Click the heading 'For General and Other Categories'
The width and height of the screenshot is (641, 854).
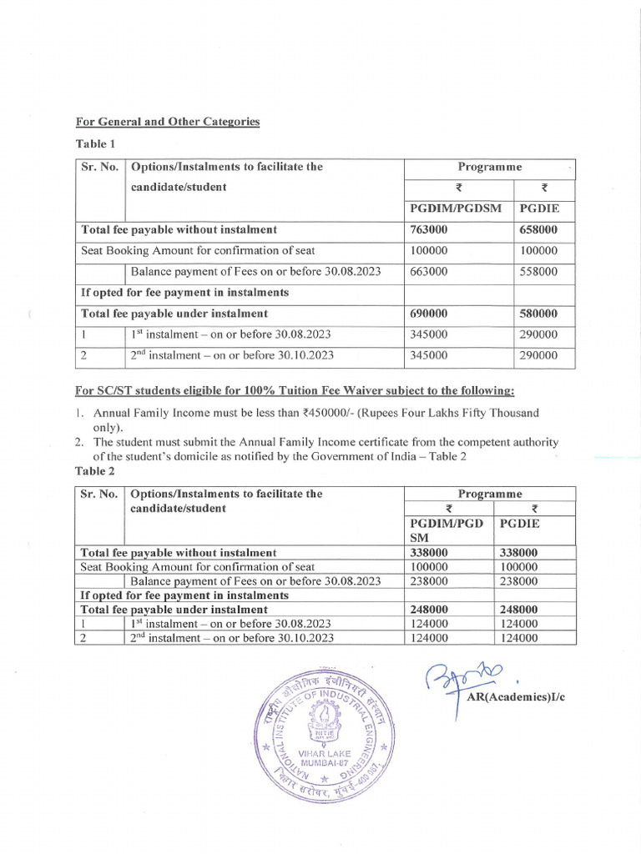(x=168, y=122)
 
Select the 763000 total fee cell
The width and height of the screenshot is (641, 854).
(x=429, y=229)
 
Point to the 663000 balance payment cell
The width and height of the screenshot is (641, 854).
(x=429, y=271)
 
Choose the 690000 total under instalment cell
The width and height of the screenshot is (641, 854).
(x=429, y=314)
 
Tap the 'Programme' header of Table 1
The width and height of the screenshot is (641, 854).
(x=490, y=167)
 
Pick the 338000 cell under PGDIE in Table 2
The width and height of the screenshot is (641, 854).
(x=518, y=552)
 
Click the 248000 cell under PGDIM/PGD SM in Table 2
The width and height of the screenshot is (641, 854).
(x=430, y=610)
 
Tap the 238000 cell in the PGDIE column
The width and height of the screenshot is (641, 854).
(x=518, y=581)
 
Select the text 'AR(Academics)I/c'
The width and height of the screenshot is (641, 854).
(x=514, y=697)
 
